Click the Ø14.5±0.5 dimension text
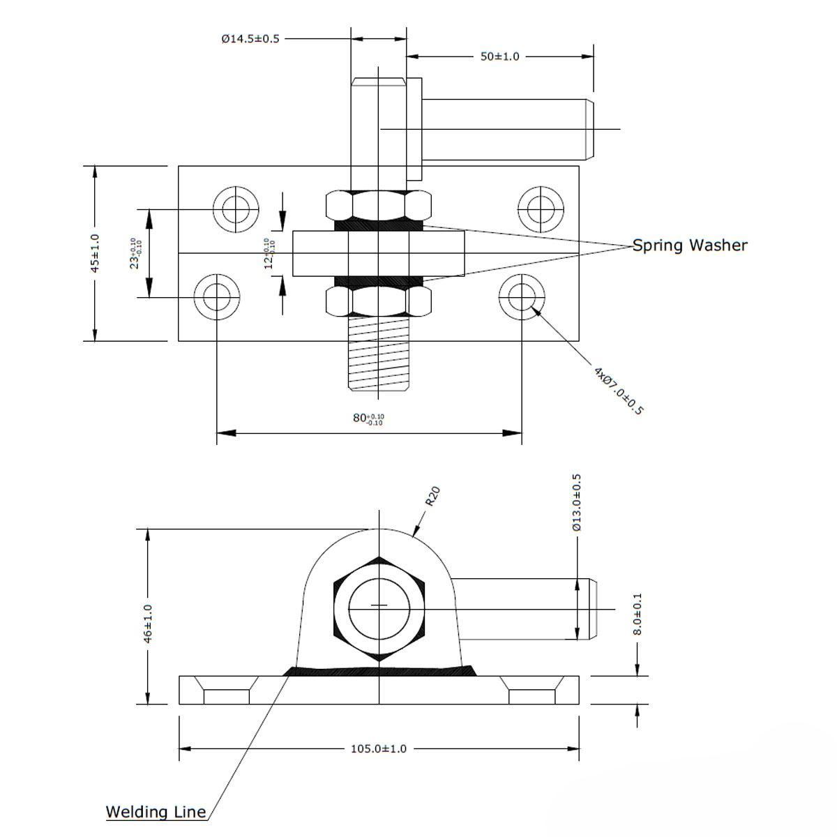[250, 38]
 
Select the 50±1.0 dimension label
[499, 56]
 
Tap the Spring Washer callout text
[690, 246]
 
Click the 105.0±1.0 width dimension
[378, 748]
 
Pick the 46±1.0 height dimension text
[148, 624]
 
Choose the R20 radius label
[432, 496]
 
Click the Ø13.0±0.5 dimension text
[576, 502]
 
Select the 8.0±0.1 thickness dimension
[638, 614]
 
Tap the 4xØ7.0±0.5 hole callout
[618, 391]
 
